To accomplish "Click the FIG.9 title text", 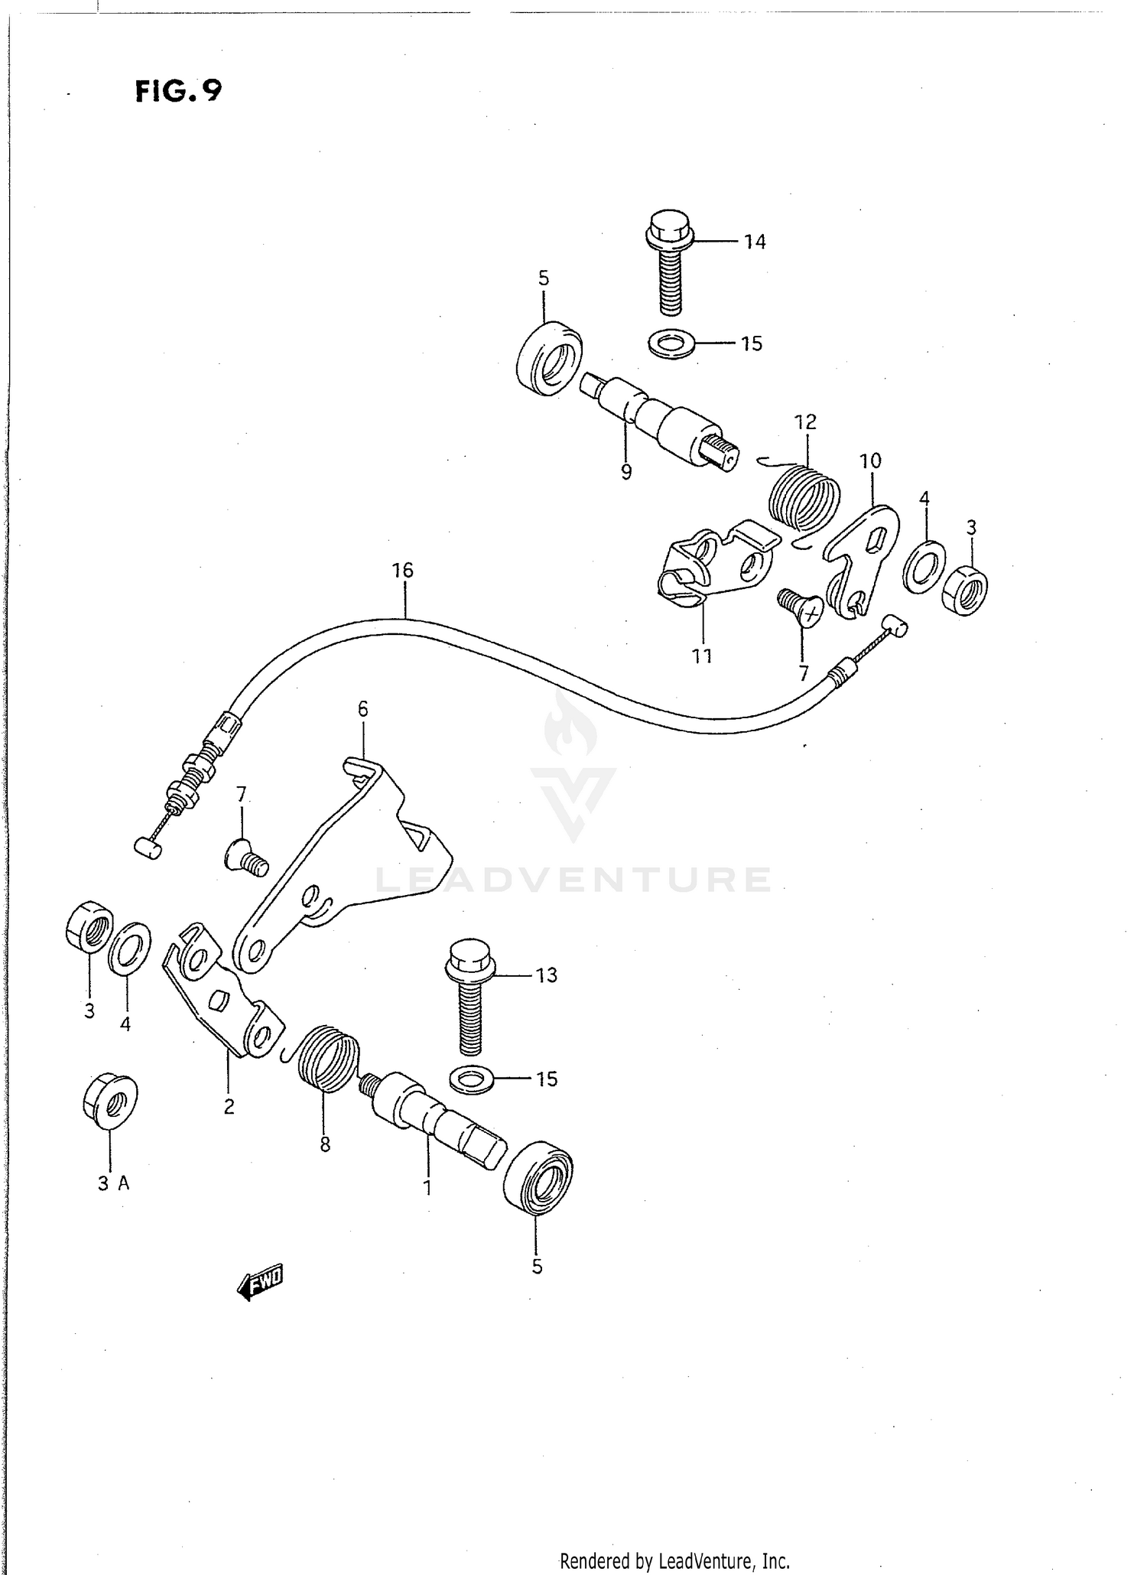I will pos(178,91).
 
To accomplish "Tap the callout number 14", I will pos(754,242).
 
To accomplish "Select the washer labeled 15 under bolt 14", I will pos(671,343).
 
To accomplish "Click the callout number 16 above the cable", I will pos(402,570).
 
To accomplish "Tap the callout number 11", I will pos(702,656).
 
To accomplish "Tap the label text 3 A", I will pos(113,1183).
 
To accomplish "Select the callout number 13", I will pos(546,975).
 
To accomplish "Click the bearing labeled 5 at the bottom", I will pos(538,1178).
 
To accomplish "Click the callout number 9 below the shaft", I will pos(626,472).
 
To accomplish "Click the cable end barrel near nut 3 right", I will pos(895,625).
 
